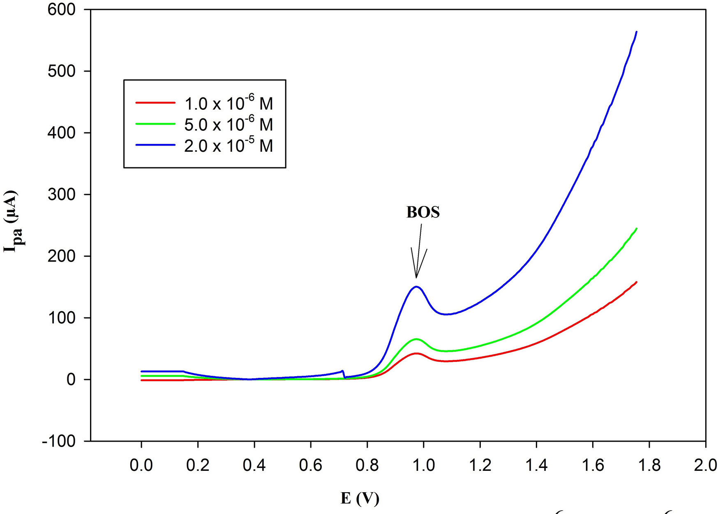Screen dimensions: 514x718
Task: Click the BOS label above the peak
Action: pyautogui.click(x=423, y=212)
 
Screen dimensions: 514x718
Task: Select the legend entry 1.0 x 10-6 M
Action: pyautogui.click(x=229, y=103)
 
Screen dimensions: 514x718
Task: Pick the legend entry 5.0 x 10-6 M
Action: pyautogui.click(x=229, y=124)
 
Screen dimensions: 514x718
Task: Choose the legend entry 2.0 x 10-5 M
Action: pyautogui.click(x=229, y=146)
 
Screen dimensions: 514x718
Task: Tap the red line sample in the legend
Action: pyautogui.click(x=155, y=103)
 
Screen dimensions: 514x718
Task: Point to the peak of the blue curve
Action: pyautogui.click(x=416, y=287)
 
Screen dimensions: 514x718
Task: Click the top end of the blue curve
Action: pyautogui.click(x=636, y=32)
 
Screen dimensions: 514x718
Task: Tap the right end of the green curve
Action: pyautogui.click(x=636, y=229)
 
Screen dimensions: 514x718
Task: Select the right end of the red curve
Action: pyautogui.click(x=636, y=282)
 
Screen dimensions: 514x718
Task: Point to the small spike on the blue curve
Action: pyautogui.click(x=342, y=371)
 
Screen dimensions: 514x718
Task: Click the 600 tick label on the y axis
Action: pyautogui.click(x=62, y=9)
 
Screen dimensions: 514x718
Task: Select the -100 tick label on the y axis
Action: pyautogui.click(x=59, y=441)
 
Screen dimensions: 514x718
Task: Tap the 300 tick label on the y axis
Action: pyautogui.click(x=62, y=194)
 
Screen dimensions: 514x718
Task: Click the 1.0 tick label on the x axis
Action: pyautogui.click(x=423, y=465)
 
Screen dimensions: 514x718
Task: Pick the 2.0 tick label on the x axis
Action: pyautogui.click(x=705, y=465)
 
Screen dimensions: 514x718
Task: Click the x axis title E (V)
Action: pyautogui.click(x=360, y=498)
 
